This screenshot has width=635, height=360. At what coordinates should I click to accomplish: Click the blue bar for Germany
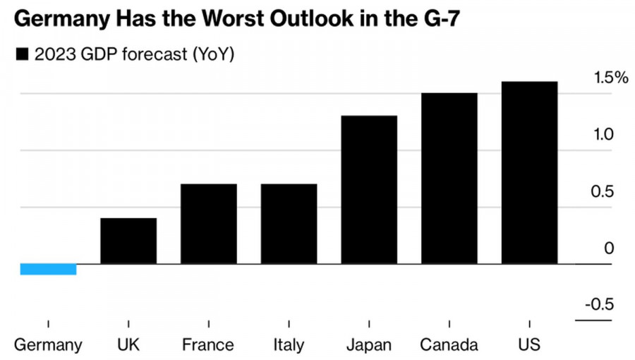tap(48, 269)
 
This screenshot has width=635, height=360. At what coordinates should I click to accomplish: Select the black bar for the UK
tap(128, 241)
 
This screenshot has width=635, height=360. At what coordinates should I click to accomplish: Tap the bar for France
tap(209, 224)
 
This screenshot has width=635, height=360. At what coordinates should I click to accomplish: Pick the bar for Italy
tap(289, 224)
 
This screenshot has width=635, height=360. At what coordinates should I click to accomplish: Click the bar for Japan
tap(369, 190)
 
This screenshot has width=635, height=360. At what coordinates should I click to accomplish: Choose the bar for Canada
tap(449, 179)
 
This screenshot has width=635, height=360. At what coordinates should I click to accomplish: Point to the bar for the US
tap(529, 173)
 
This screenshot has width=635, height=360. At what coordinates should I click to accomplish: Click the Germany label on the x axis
tap(48, 345)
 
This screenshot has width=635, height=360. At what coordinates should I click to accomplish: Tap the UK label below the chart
tap(128, 345)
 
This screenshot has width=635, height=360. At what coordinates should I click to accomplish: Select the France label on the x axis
tap(208, 345)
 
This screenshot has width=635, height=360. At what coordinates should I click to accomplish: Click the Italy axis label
tap(289, 345)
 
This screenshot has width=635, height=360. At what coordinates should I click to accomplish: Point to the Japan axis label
tap(369, 345)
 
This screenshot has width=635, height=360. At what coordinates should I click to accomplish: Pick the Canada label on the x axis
tap(449, 345)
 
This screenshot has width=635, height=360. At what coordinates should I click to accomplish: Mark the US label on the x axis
tap(529, 345)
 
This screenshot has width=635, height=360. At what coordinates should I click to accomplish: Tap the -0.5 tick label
tap(599, 304)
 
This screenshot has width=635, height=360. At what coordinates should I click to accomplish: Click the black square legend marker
tap(22, 54)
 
